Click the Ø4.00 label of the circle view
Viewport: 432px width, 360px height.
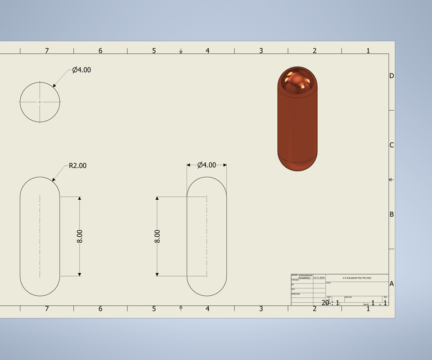click(x=82, y=70)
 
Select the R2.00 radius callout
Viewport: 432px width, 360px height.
click(x=78, y=166)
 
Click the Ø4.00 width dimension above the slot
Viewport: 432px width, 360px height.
click(x=207, y=165)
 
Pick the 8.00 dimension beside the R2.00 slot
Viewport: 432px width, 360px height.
click(x=79, y=236)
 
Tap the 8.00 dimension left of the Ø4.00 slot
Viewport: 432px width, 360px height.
click(x=157, y=236)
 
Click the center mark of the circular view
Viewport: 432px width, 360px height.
click(x=40, y=102)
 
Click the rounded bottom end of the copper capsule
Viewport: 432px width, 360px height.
click(x=297, y=163)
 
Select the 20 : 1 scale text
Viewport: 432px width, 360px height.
click(x=330, y=303)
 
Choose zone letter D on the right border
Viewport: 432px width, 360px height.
click(x=391, y=76)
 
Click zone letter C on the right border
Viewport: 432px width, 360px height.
click(x=391, y=145)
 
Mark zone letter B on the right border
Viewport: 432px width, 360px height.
click(x=391, y=214)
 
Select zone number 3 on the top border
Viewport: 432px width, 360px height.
click(x=261, y=51)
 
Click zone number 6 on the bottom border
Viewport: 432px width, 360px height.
click(x=100, y=309)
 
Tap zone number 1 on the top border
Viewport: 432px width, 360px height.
click(x=368, y=51)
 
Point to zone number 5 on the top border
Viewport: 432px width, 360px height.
click(x=154, y=51)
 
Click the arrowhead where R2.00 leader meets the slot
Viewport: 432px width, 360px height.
click(x=53, y=180)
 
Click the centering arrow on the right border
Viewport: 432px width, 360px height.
click(x=391, y=179)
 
